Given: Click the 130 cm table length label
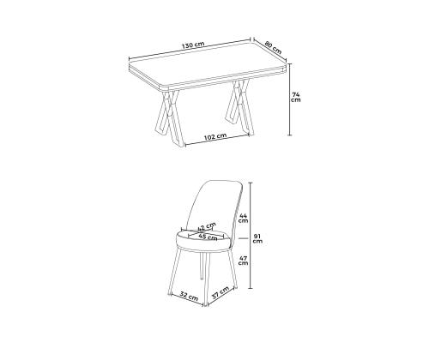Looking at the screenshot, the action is [x=193, y=45].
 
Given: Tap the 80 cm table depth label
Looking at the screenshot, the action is [x=273, y=47].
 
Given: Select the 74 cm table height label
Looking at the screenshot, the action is [x=296, y=97].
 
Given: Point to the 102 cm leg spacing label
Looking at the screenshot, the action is [x=215, y=136].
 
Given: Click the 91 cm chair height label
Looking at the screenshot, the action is [x=257, y=238].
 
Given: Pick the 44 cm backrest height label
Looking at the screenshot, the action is [x=244, y=218].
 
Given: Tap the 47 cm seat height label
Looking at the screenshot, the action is [x=243, y=260].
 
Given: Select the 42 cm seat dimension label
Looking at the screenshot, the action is [x=206, y=226].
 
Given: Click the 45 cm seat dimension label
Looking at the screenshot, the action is [x=208, y=237].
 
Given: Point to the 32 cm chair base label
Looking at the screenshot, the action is [x=189, y=296].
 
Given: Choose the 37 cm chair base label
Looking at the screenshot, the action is [x=221, y=292].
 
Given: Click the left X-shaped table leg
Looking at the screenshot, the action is [x=170, y=117].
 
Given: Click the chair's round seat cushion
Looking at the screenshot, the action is [x=203, y=243].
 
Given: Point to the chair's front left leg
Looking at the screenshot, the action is [x=174, y=272].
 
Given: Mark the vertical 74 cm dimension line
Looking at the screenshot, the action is [x=290, y=99].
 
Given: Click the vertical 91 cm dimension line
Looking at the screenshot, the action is [x=251, y=236].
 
